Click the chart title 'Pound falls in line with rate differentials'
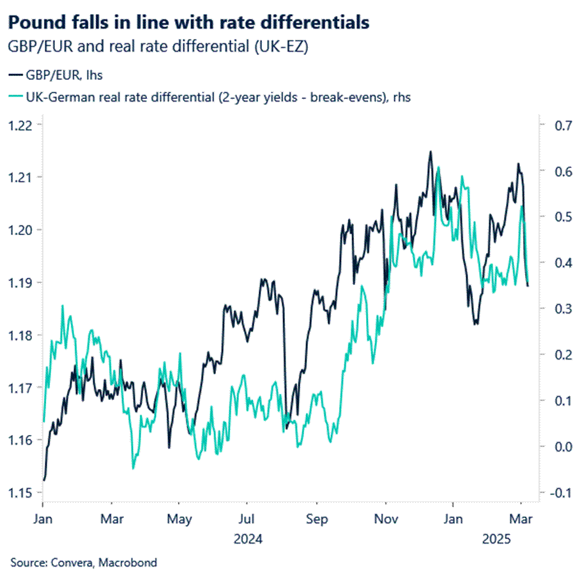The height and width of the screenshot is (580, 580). point(188,22)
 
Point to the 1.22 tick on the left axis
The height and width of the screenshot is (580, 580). point(19,124)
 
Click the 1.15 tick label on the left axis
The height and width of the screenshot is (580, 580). point(19,492)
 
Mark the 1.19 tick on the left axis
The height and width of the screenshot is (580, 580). point(19,282)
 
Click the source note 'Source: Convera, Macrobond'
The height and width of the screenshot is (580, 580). point(84,563)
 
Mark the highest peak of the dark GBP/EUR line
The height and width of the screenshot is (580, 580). point(431,152)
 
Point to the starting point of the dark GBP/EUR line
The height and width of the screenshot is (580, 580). point(43,480)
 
